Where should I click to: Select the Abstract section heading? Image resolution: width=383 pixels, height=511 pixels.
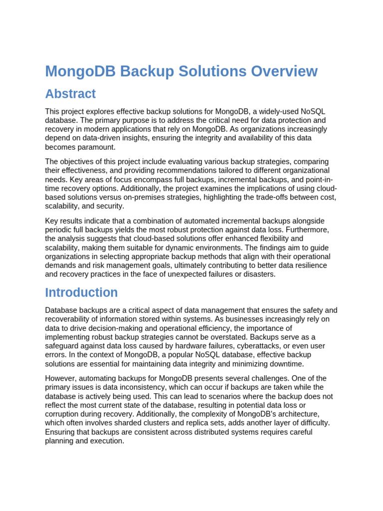[x=70, y=94]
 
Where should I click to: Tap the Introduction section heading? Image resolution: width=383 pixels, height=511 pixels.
[x=81, y=292]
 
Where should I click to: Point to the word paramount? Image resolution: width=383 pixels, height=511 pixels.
[x=98, y=147]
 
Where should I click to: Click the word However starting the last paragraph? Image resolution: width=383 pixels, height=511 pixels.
[x=60, y=378]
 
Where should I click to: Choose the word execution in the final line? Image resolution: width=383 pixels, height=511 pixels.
[x=106, y=441]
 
